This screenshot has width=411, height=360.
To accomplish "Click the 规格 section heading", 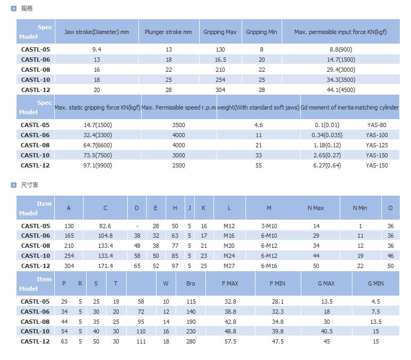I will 27,9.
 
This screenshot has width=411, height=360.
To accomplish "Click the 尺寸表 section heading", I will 29,185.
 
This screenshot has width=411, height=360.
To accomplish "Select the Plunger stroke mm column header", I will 168,32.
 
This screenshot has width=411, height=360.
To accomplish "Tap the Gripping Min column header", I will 261,32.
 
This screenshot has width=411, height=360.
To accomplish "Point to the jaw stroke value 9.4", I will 96,49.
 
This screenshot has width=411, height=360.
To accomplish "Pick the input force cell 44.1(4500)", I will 341,90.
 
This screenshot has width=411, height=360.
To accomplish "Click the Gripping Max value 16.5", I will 220,60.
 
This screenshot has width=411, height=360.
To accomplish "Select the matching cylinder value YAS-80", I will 376,125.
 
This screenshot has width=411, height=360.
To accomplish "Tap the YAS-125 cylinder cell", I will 376,145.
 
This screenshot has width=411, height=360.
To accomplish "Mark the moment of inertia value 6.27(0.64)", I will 327,165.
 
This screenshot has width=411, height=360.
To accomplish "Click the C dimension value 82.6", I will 105,226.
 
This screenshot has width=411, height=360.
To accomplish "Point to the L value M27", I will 229,266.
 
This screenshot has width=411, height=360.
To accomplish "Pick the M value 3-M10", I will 269,226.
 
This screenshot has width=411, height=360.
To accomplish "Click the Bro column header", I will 191,283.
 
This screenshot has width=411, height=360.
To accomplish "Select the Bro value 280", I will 191,341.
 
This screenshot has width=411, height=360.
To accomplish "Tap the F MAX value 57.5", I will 230,341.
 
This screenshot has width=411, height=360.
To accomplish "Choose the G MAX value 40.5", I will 326,331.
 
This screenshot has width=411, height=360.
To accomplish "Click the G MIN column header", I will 375,283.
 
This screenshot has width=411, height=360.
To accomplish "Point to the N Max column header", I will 316,208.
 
